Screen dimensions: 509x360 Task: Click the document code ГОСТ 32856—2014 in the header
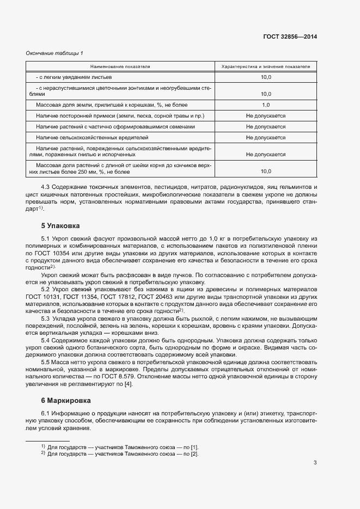pos(291,37)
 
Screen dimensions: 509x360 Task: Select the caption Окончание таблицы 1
pos(54,53)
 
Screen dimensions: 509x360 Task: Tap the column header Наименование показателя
pos(120,66)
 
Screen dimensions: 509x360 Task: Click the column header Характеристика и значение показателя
pos(266,66)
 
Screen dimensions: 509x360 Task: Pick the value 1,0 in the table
pos(266,105)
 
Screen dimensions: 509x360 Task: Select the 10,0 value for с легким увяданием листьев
pos(266,77)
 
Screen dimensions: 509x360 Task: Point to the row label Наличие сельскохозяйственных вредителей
pos(92,138)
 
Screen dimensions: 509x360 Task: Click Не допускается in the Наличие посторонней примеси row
pos(266,116)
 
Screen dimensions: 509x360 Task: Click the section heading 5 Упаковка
pos(60,225)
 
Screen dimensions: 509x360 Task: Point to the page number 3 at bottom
pos(315,463)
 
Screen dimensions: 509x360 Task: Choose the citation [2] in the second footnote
pos(194,453)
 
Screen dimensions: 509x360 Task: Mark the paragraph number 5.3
pos(46,318)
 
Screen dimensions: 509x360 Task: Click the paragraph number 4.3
pos(46,187)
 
